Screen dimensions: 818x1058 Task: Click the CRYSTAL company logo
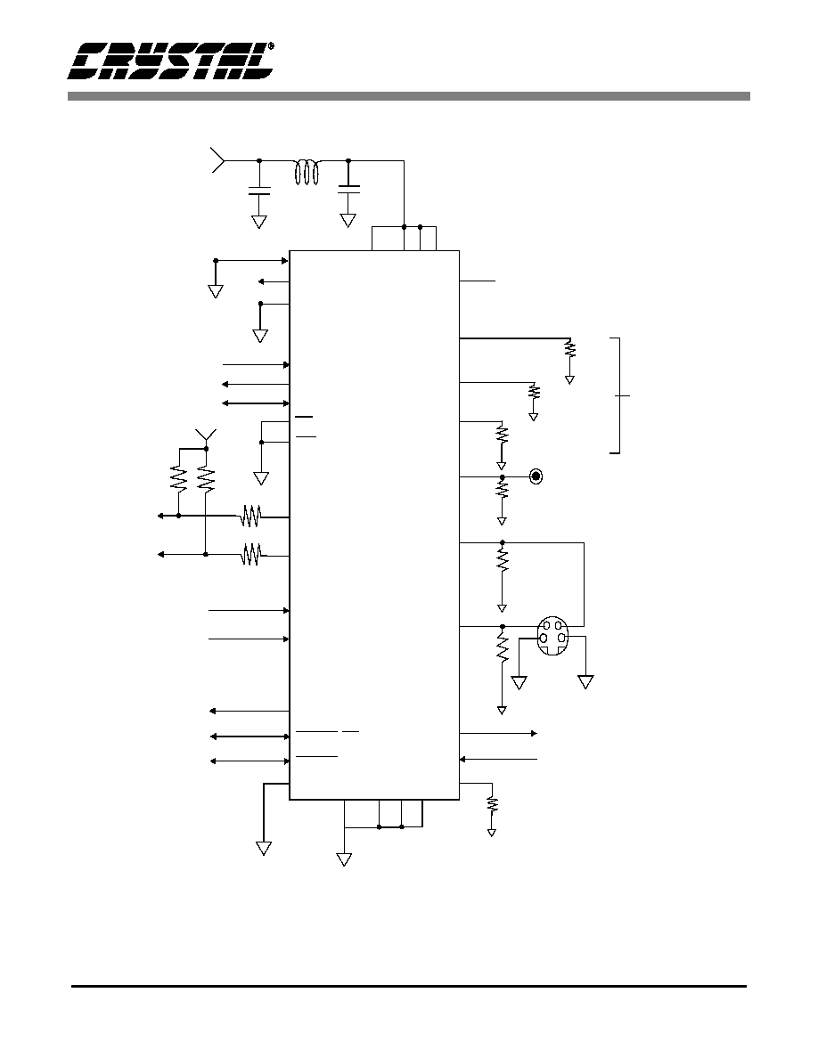[170, 61]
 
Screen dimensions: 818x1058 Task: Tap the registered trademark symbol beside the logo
[271, 46]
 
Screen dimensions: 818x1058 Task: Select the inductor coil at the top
[307, 172]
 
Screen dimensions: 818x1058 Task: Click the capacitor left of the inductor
[259, 190]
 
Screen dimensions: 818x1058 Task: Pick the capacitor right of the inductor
[348, 189]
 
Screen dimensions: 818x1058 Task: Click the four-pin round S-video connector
[552, 635]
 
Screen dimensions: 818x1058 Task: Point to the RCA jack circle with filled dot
[536, 477]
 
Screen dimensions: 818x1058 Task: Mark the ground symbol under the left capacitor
[259, 222]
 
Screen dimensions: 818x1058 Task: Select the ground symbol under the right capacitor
[348, 221]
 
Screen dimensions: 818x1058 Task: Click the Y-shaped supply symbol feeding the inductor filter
[218, 160]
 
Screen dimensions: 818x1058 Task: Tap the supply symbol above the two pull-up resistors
[205, 435]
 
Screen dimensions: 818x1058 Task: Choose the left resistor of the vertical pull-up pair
[178, 478]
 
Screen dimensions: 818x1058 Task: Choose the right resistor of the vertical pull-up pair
[205, 478]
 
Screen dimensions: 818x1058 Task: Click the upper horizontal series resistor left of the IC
[251, 517]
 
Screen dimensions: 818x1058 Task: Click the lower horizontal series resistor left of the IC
[252, 555]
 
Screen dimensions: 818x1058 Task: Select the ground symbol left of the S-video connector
[519, 682]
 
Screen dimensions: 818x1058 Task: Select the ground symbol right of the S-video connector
[585, 682]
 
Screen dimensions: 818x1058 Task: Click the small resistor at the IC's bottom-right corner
[492, 805]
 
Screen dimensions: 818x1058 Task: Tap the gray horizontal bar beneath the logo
[409, 96]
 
